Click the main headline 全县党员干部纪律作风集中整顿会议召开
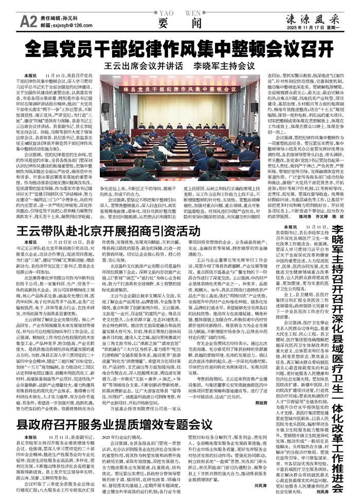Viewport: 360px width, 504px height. point(180,49)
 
